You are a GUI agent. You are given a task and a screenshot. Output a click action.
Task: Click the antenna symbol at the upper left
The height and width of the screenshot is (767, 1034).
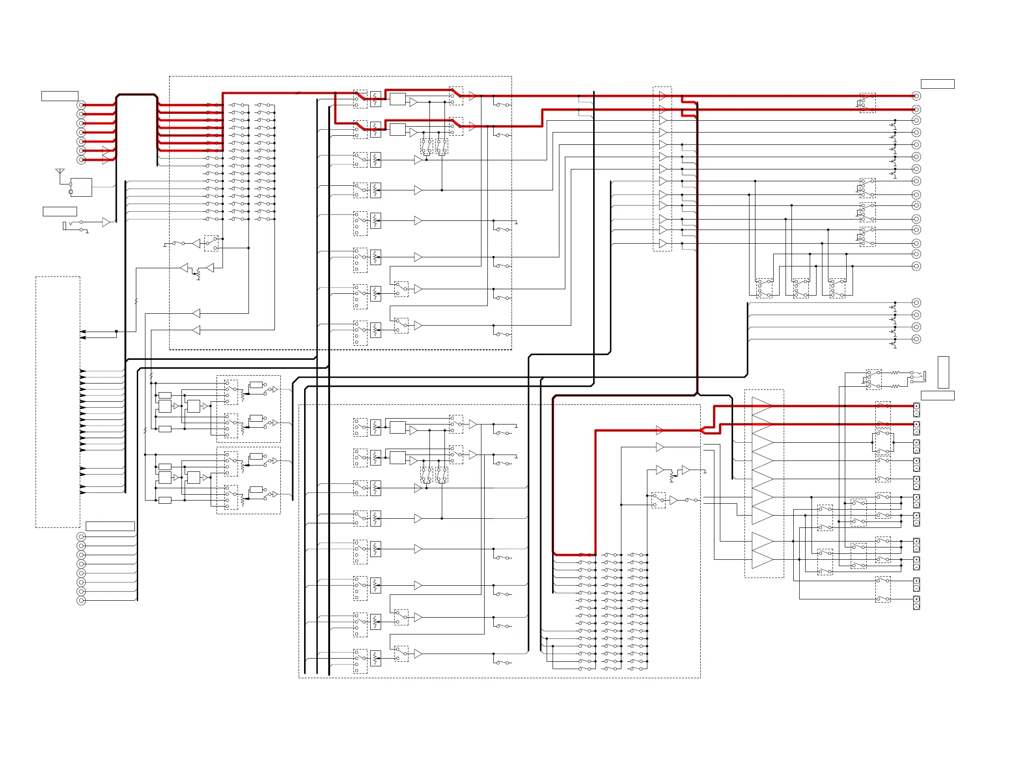(60, 171)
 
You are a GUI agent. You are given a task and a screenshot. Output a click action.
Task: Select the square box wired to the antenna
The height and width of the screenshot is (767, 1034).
(81, 187)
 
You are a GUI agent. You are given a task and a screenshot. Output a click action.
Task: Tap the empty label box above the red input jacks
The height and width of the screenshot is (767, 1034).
(59, 96)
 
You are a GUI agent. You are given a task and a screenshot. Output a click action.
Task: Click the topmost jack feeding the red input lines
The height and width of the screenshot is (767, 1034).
(81, 105)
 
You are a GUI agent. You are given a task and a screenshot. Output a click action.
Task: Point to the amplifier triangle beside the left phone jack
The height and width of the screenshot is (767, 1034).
(106, 222)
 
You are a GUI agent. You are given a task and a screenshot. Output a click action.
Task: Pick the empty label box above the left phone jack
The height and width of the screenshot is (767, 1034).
(59, 212)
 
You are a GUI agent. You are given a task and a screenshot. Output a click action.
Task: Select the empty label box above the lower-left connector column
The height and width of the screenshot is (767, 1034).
(110, 527)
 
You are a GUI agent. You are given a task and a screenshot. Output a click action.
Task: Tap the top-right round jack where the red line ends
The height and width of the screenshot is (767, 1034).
(916, 96)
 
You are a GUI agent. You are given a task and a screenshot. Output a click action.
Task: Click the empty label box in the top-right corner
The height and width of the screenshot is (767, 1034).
(937, 84)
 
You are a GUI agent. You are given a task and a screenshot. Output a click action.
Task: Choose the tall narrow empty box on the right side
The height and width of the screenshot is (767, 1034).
(943, 373)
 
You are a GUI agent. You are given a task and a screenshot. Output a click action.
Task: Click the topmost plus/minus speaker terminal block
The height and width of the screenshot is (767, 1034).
(916, 410)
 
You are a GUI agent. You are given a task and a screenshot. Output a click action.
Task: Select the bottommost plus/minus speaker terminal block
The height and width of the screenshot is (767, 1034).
(916, 603)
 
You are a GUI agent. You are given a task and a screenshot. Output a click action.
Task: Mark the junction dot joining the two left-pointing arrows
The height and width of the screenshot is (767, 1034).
(116, 332)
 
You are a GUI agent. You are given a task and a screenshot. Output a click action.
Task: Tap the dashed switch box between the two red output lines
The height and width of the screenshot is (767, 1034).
(867, 103)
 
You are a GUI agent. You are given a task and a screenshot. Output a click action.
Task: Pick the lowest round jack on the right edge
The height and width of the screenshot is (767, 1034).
(916, 339)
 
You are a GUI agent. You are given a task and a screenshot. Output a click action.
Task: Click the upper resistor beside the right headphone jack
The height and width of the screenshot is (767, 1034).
(895, 373)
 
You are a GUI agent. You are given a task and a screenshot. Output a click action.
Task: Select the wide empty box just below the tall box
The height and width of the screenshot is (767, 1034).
(937, 396)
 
